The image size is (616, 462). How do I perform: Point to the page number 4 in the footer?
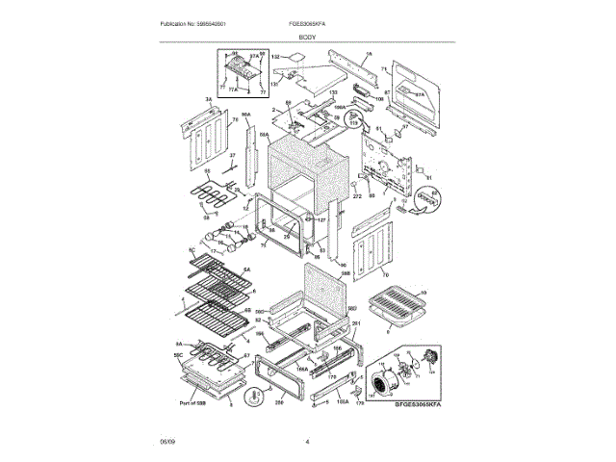coord(307,442)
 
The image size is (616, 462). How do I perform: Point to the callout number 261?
coord(355,323)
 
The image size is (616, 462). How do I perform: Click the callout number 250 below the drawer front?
coord(280,404)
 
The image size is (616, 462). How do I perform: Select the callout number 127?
coord(322,219)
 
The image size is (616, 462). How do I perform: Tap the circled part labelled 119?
coord(353,122)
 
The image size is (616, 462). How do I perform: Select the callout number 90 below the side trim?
coord(342,264)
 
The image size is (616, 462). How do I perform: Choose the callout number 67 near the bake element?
coord(246,356)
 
